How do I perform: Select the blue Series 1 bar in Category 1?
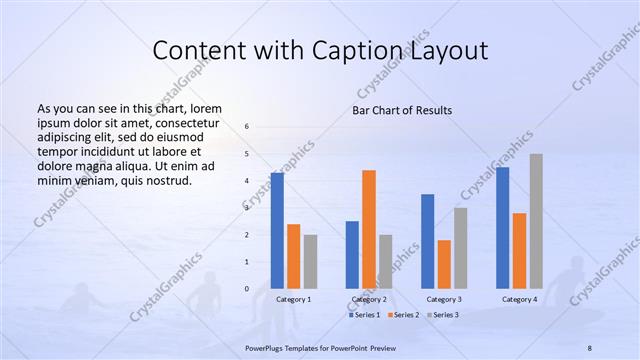coord(277,231)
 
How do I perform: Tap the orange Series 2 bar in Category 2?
coord(369,229)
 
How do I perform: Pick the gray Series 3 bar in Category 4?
coord(536,221)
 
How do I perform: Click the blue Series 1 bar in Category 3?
coord(428,241)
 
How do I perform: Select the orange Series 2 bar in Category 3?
coord(444,264)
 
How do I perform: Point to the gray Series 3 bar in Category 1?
coord(310,262)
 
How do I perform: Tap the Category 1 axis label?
coord(294,299)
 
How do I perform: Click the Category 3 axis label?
coord(444,299)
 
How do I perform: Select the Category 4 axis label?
coord(519,299)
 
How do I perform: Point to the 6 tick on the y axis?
coord(247,127)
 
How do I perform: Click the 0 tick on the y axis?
coord(247,289)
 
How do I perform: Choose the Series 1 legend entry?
coord(366,315)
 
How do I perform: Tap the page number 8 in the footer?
coord(590,345)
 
